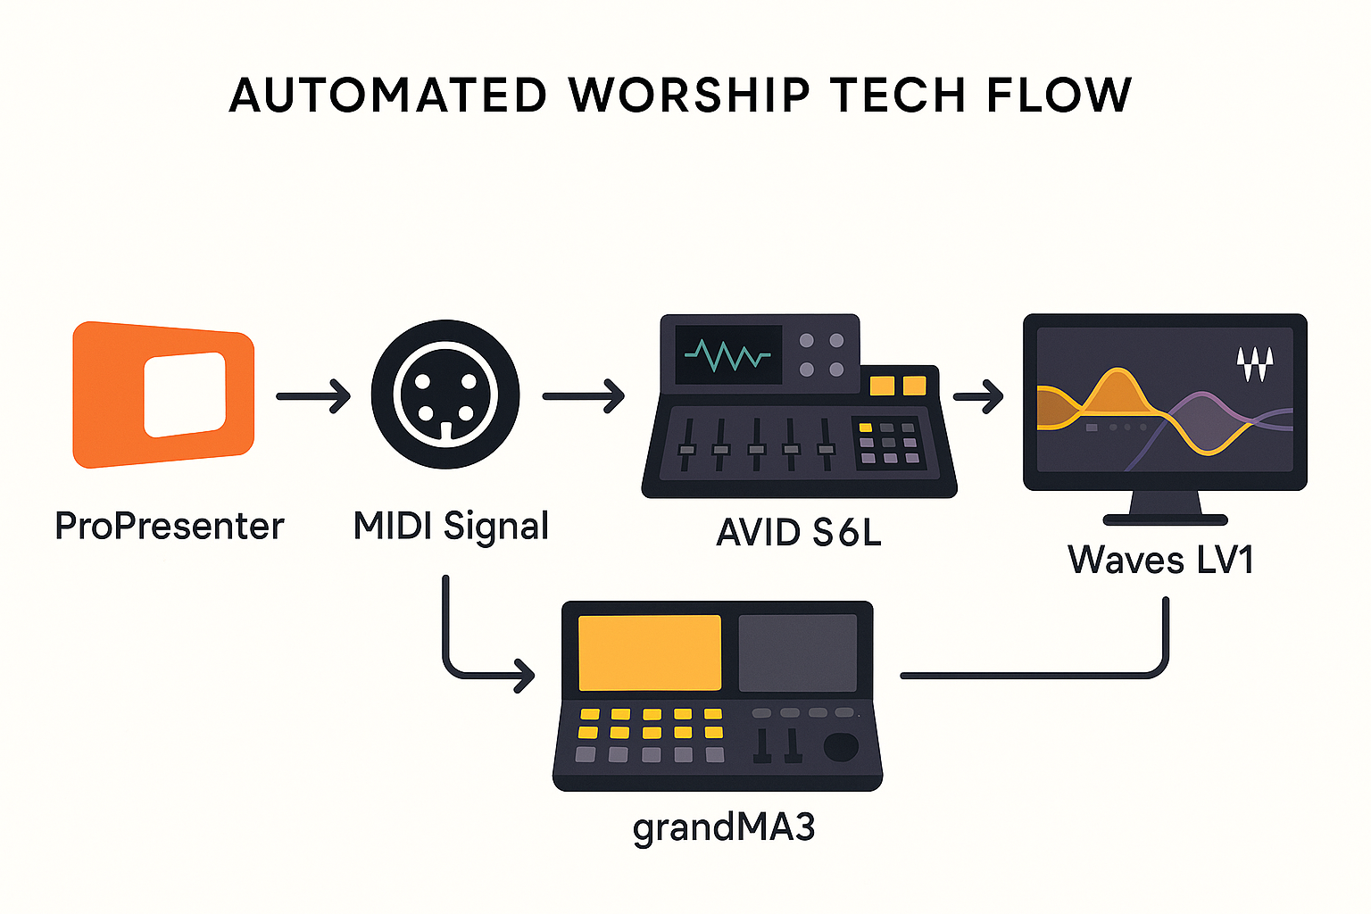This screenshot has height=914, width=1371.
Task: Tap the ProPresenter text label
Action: pos(170,526)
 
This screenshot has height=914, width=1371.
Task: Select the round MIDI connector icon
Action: pos(445,395)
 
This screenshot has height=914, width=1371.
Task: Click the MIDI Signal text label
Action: pos(451,527)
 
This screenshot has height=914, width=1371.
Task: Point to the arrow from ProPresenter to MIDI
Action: pos(313,396)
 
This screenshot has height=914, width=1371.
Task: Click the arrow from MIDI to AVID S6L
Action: pos(583,396)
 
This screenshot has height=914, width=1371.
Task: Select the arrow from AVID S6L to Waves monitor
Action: pos(978,396)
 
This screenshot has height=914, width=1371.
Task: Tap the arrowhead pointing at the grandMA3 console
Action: pos(525,676)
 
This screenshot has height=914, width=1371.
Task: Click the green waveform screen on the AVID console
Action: pos(728,354)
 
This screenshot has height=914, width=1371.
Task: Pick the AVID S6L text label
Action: pos(799,533)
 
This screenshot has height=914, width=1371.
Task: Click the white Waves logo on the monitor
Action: pos(1255,364)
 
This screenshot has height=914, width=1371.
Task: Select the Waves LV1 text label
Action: pos(1161,560)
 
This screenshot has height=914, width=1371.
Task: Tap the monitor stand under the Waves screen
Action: pos(1166,508)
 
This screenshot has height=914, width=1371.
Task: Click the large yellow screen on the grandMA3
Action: pos(650,652)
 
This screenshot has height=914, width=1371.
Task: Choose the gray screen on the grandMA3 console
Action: pos(797,652)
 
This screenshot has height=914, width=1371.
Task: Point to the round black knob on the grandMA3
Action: pos(841,747)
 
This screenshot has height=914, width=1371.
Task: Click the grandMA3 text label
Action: pos(724,828)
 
